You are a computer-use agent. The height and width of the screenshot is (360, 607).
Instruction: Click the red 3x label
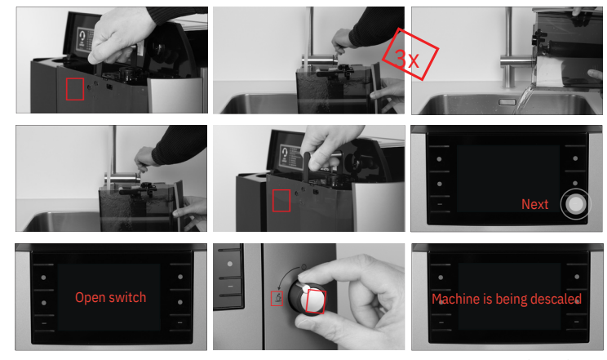pos(410,54)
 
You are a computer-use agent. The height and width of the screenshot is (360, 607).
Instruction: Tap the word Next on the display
pos(534,204)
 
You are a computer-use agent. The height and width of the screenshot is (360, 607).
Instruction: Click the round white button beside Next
pos(575,204)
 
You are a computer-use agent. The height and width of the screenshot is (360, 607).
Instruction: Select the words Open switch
pos(111,297)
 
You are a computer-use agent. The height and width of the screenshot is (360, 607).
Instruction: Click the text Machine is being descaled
pos(507,299)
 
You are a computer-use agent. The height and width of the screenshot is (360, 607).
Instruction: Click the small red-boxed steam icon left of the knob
pos(277,299)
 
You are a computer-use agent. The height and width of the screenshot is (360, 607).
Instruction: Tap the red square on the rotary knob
pos(316,301)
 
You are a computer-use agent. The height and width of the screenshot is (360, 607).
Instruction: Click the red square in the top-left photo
pos(75,89)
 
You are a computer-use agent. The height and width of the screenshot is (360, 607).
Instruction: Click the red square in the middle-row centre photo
pos(281,200)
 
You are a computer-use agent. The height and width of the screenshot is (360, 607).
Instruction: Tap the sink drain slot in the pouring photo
pos(507,102)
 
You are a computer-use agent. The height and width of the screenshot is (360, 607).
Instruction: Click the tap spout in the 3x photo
pos(318,61)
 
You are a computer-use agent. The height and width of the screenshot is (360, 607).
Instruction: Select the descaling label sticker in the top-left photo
pos(85,39)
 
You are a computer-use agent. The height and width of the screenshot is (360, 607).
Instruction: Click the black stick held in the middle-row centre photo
pos(308,167)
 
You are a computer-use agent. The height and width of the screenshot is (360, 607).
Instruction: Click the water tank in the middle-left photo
pos(136,207)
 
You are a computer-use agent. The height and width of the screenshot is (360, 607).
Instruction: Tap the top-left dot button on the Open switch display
pos(43,278)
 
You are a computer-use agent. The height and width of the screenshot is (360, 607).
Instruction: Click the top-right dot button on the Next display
pos(575,158)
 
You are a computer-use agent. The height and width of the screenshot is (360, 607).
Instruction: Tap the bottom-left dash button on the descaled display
pos(441,322)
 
